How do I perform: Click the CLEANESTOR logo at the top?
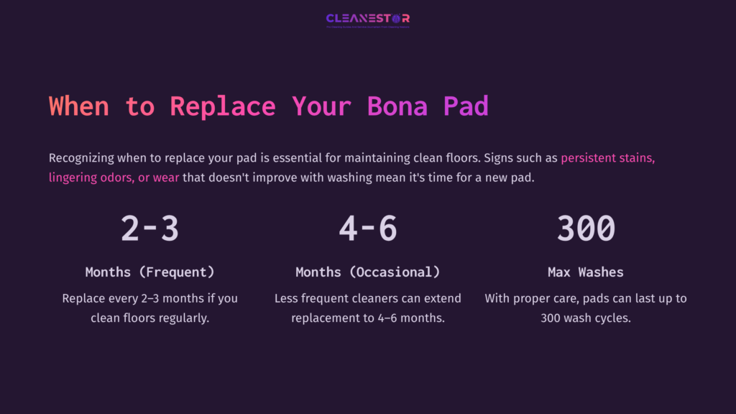click(x=368, y=19)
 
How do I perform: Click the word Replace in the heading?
click(x=223, y=106)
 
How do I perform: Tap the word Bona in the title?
click(x=397, y=106)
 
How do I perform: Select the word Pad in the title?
click(x=466, y=106)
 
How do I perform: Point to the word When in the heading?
click(x=79, y=106)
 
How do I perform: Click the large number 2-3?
click(x=149, y=228)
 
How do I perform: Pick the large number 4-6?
click(x=368, y=228)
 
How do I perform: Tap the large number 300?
click(x=586, y=228)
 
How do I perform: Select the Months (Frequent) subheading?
click(x=149, y=272)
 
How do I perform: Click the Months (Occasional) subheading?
click(x=368, y=272)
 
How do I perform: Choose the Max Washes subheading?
click(x=586, y=272)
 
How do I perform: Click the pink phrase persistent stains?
click(x=607, y=158)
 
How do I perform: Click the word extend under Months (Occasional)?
click(x=443, y=298)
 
